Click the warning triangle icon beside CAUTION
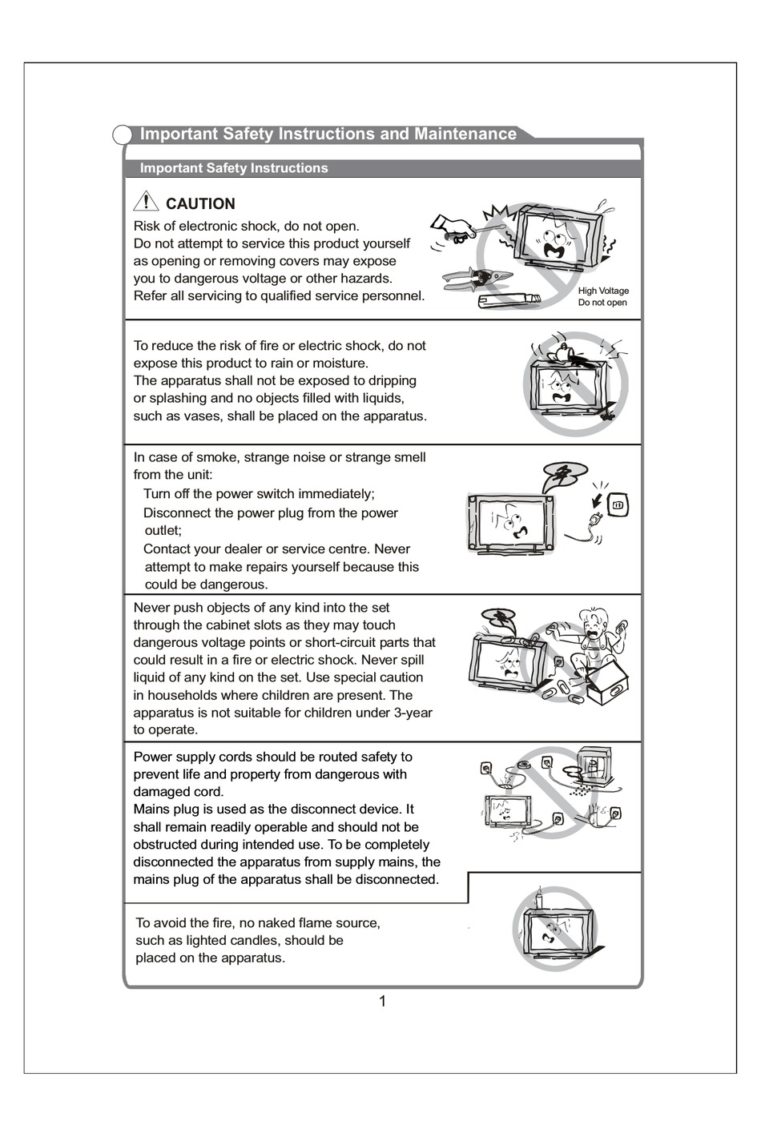146,202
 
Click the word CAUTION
200,203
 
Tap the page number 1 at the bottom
382,1001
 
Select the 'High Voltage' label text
603,291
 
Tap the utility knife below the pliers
509,301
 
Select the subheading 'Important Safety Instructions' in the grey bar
234,168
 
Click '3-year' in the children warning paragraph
413,712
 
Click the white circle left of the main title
122,135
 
